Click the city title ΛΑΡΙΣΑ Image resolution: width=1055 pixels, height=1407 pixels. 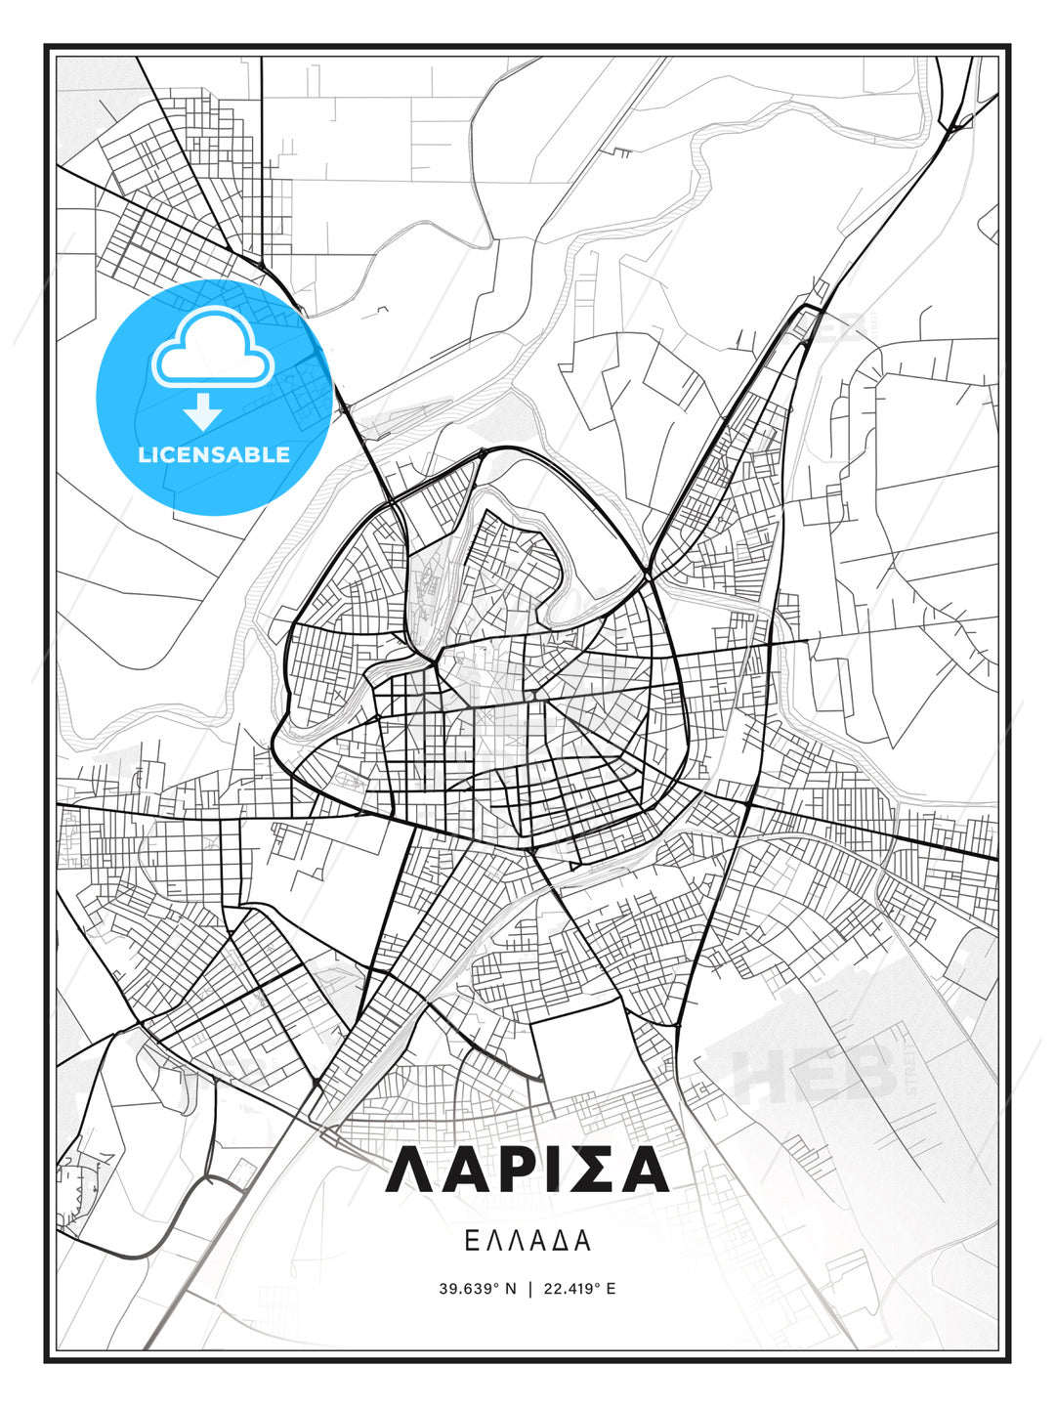pos(527,1170)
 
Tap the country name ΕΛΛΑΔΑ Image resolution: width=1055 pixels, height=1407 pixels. pos(527,1241)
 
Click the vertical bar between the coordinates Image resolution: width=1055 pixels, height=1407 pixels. pos(528,1289)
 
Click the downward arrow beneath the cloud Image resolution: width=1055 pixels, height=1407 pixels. pos(203,411)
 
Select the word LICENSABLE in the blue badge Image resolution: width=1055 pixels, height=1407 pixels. pos(214,454)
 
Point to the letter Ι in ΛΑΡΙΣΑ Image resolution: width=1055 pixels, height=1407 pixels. pos(549,1170)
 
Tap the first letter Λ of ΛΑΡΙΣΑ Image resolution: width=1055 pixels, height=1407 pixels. pos(410,1170)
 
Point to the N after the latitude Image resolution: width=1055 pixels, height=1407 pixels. pos(510,1289)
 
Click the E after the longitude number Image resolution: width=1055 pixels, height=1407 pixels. pos(611,1289)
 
